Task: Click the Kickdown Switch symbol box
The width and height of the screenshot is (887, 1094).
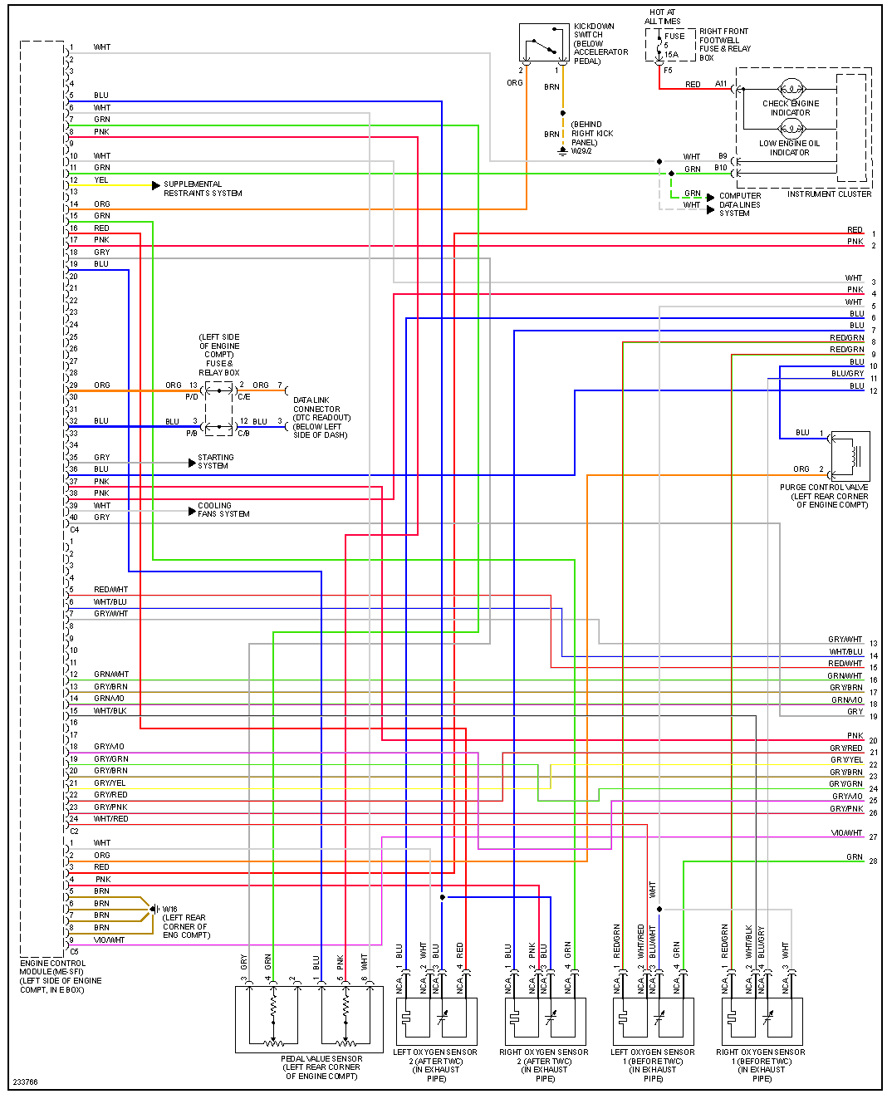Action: coord(544,42)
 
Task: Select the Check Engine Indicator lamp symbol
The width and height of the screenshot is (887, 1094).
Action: coord(791,88)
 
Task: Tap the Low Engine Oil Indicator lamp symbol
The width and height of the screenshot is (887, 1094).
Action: coord(791,128)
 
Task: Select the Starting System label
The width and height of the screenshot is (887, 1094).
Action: coord(215,461)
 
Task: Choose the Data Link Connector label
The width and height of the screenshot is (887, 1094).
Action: coord(321,417)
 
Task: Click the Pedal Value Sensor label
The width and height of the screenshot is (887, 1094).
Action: coord(321,1067)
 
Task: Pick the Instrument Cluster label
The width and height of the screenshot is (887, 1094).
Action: coord(829,194)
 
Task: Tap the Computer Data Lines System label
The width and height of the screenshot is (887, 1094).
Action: coord(739,204)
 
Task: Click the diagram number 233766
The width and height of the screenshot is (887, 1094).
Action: coord(25,1082)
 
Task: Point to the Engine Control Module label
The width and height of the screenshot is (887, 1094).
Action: coord(60,976)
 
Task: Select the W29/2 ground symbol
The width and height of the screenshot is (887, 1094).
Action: coord(563,151)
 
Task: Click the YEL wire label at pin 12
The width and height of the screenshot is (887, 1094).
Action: coord(101,179)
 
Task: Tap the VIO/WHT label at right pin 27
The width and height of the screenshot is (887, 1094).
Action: coord(846,832)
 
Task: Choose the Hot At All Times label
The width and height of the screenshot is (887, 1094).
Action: coord(663,17)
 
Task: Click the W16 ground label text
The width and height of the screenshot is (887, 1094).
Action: coord(169,909)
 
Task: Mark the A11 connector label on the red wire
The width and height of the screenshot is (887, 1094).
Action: coord(721,84)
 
